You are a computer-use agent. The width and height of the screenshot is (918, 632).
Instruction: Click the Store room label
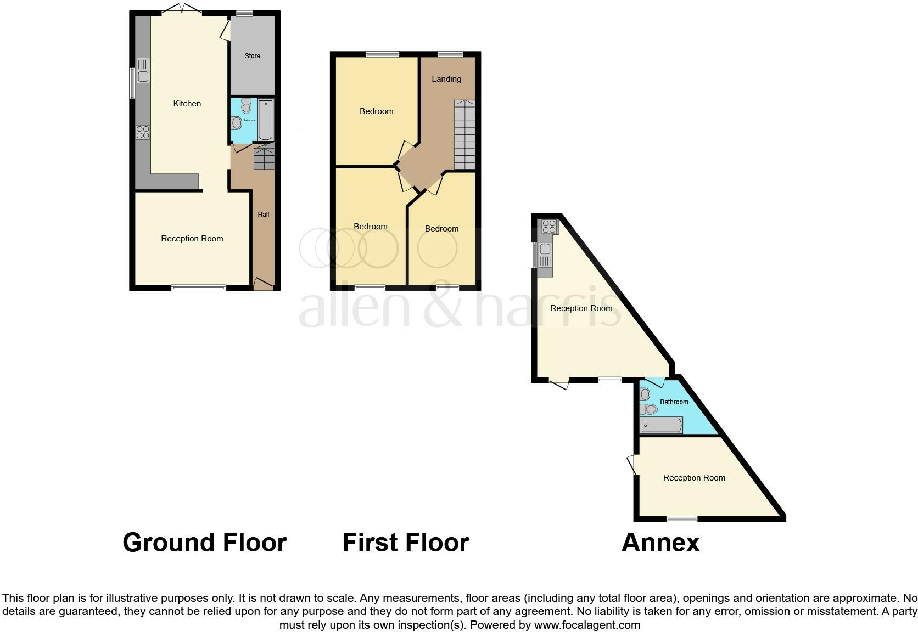(x=252, y=56)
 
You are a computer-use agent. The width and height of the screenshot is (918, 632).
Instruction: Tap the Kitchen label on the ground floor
(x=187, y=104)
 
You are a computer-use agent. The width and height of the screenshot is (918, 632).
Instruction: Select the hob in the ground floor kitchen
(x=143, y=132)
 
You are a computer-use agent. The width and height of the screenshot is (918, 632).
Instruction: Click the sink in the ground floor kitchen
(x=143, y=71)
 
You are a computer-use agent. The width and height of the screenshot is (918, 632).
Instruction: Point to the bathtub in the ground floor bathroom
(x=265, y=120)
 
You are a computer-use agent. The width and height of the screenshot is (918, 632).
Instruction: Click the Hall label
(x=264, y=215)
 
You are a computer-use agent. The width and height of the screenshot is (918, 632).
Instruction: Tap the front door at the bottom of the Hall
(x=263, y=285)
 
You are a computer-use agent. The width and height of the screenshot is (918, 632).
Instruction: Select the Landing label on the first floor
(x=446, y=79)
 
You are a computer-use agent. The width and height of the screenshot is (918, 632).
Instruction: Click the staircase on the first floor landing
(x=464, y=134)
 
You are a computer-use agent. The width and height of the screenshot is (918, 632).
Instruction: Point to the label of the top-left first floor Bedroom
(x=377, y=111)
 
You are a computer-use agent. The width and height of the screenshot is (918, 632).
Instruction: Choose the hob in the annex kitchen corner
(x=549, y=227)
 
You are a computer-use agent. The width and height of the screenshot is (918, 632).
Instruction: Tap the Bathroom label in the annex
(x=674, y=402)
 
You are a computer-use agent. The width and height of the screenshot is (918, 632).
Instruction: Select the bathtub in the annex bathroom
(x=662, y=425)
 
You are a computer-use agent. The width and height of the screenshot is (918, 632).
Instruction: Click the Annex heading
(x=660, y=543)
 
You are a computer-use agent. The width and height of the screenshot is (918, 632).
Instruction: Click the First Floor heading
(x=405, y=543)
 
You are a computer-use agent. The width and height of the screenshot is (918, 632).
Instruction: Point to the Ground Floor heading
(x=204, y=543)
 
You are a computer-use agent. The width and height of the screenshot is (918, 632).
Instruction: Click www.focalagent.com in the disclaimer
(x=587, y=625)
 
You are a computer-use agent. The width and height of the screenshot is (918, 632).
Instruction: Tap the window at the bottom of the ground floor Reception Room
(x=198, y=287)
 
